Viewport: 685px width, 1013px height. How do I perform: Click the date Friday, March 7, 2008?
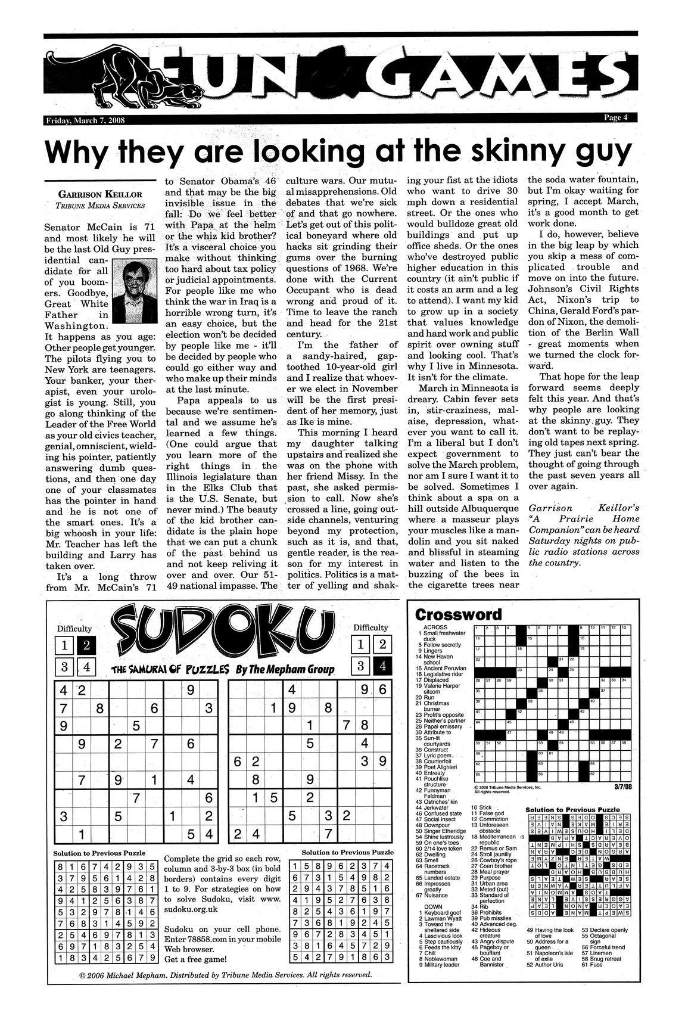pyautogui.click(x=83, y=121)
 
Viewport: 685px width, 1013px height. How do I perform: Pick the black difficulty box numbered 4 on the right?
pyautogui.click(x=382, y=666)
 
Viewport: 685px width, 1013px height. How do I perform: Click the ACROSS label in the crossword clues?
pyautogui.click(x=434, y=627)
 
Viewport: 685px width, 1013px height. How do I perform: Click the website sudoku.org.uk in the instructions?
pyautogui.click(x=189, y=910)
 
